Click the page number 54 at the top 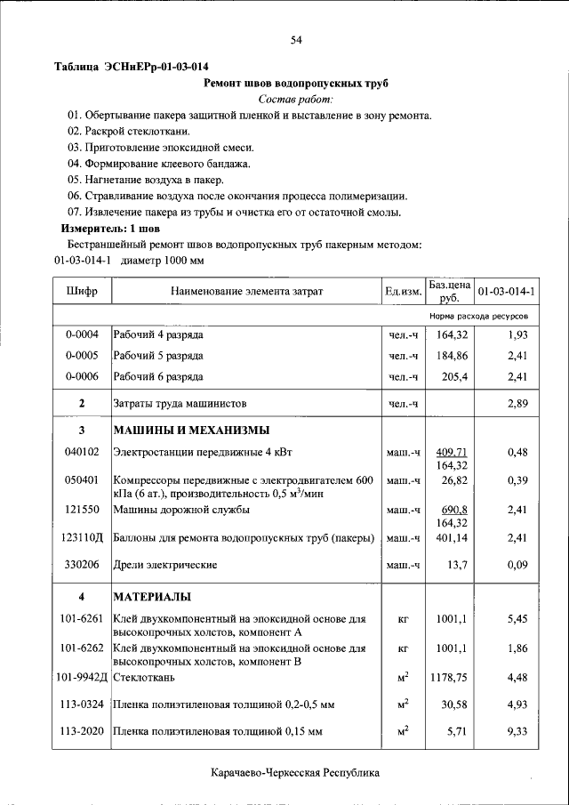pyautogui.click(x=296, y=40)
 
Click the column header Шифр pyautogui.click(x=82, y=291)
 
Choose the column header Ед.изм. pyautogui.click(x=403, y=291)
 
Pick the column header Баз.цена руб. pyautogui.click(x=449, y=291)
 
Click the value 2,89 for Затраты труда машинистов pyautogui.click(x=517, y=404)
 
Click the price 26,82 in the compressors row pyautogui.click(x=454, y=480)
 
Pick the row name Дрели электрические pyautogui.click(x=164, y=565)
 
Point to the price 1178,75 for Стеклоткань pyautogui.click(x=448, y=678)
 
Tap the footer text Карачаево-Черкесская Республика pyautogui.click(x=296, y=773)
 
